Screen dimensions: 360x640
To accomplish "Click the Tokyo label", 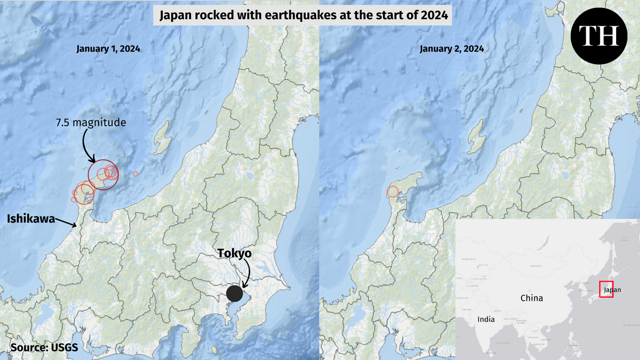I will pyautogui.click(x=234, y=253).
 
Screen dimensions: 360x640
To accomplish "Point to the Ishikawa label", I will pyautogui.click(x=30, y=218).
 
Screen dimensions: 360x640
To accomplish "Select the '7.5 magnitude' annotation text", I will pyautogui.click(x=91, y=123).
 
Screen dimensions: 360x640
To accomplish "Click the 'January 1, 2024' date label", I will pyautogui.click(x=108, y=49).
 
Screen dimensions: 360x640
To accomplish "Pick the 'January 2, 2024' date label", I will pyautogui.click(x=452, y=49).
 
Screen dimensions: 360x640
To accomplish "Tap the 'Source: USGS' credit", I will pyautogui.click(x=44, y=348).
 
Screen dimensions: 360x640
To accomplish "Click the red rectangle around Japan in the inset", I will pyautogui.click(x=606, y=289).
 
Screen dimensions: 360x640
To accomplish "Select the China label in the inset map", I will pyautogui.click(x=532, y=298).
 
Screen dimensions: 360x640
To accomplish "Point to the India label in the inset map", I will pyautogui.click(x=486, y=320).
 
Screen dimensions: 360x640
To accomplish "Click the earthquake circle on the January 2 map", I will pyautogui.click(x=393, y=191).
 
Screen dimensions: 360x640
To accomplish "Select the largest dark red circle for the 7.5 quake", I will pyautogui.click(x=103, y=174).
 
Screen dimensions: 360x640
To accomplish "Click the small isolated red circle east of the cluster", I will pyautogui.click(x=135, y=173).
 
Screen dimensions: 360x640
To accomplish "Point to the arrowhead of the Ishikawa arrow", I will pyautogui.click(x=76, y=226).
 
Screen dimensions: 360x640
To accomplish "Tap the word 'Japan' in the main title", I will pyautogui.click(x=177, y=17).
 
